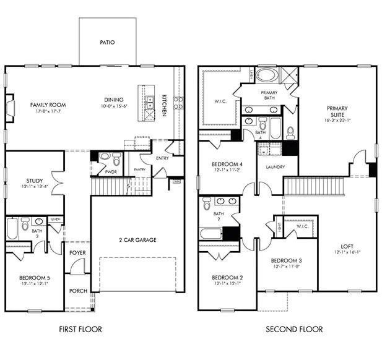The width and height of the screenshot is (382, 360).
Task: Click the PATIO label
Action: click(x=107, y=43)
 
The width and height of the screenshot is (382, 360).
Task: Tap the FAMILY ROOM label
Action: click(x=48, y=105)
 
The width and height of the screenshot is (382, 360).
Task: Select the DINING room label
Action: click(x=114, y=99)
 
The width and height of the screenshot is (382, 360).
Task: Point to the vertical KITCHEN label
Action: click(x=164, y=105)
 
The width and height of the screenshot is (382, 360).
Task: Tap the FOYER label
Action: click(x=77, y=252)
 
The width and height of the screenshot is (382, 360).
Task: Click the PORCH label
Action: click(x=77, y=291)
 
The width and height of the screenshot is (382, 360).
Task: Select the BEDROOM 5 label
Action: click(x=35, y=278)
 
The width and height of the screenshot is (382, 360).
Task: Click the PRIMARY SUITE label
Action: click(x=337, y=112)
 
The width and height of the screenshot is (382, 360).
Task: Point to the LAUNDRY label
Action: click(x=274, y=167)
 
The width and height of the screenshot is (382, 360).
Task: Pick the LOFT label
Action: click(x=347, y=246)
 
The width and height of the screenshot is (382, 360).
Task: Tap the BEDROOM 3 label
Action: click(x=286, y=260)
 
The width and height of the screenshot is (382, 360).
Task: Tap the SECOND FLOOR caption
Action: click(x=294, y=329)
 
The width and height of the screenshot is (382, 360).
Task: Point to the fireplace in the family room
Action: click(x=10, y=106)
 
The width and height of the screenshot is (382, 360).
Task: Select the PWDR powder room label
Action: click(x=111, y=172)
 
